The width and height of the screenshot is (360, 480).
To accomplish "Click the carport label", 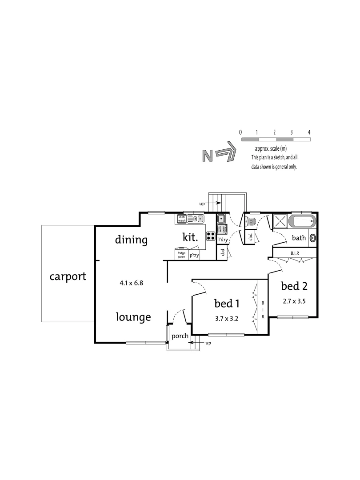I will tap(68, 276).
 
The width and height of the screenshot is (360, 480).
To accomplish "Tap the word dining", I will tap(131, 240).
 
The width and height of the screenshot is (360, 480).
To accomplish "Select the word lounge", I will tap(133, 317).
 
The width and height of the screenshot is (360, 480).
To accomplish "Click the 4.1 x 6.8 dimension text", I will tap(132, 282).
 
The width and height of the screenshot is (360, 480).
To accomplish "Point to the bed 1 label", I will tap(227, 304).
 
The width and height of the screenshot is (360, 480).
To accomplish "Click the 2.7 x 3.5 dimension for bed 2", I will tap(294, 301).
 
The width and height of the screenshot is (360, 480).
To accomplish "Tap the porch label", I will tap(180, 336).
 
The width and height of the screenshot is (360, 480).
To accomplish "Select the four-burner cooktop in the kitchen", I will tap(211, 236).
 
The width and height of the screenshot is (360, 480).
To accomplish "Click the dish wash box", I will tap(182, 218).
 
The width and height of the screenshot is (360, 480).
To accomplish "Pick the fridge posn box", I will tap(181, 253).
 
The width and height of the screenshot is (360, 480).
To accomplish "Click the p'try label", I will tap(194, 255).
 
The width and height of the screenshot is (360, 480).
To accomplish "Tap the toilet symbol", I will tap(251, 222).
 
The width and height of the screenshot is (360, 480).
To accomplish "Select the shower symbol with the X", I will tap(280, 221).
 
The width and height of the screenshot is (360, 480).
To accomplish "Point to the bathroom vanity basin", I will tap(312, 238).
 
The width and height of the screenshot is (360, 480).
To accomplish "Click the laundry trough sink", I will tap(221, 219).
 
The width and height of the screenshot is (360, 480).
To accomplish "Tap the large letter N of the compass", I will tap(207, 156).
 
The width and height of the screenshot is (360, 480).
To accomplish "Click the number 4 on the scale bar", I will tap(309, 132).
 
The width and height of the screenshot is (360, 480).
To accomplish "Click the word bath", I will tap(299, 238).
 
